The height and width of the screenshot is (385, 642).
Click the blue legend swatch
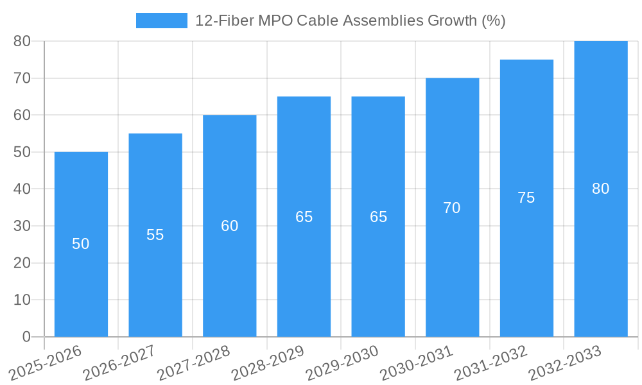coord(161,21)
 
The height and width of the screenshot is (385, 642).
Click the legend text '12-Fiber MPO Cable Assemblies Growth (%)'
coord(350,21)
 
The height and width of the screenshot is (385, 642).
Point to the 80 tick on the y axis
coord(22,41)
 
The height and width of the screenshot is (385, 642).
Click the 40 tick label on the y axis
coord(22,189)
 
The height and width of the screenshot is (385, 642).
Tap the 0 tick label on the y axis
coord(26,337)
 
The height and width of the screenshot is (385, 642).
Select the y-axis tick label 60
coord(22,116)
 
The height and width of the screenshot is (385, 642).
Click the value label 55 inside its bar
coord(155,235)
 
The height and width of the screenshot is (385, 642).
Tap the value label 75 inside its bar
coord(526,198)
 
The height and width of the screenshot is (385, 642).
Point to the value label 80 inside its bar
coord(600,189)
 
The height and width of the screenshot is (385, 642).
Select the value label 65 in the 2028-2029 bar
coord(304,217)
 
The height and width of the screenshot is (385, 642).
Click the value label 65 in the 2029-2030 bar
coord(378,217)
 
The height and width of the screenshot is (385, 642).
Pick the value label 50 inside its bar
coord(81,244)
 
